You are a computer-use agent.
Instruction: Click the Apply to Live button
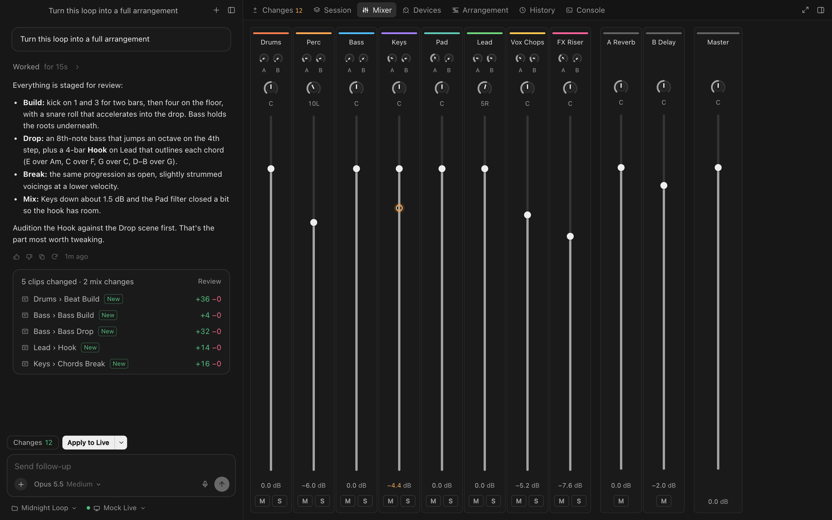click(88, 443)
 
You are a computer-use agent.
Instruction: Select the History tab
click(537, 10)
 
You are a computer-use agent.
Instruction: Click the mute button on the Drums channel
click(262, 501)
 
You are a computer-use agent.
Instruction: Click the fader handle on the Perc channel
click(313, 222)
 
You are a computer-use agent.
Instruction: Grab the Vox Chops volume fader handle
click(528, 215)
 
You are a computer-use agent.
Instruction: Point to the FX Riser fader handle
click(570, 236)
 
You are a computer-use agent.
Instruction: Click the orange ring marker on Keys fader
click(399, 208)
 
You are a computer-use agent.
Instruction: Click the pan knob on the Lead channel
click(485, 88)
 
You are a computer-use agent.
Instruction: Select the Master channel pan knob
click(718, 87)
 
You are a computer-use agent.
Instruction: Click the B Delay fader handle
click(664, 186)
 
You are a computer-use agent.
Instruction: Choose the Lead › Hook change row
click(121, 348)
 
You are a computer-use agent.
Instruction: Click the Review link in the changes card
click(209, 281)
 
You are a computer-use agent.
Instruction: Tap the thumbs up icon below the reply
click(16, 257)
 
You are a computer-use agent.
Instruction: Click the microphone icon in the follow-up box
click(205, 484)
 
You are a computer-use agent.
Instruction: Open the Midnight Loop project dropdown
click(44, 508)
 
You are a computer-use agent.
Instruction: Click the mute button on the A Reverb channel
click(621, 501)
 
